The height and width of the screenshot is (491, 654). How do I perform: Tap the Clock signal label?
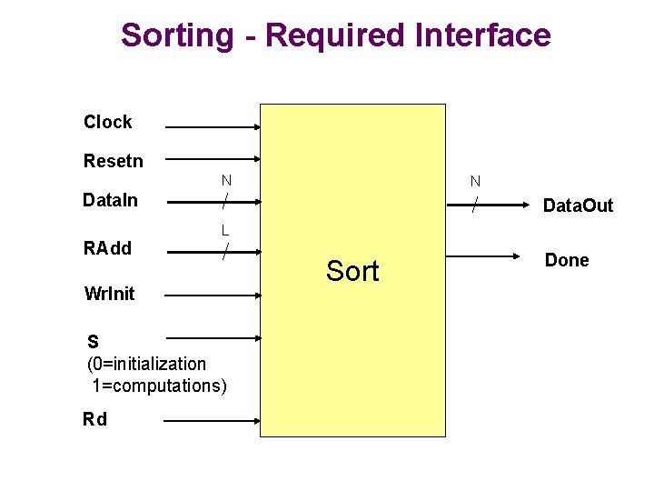pyautogui.click(x=107, y=122)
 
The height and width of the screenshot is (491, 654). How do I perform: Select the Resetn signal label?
pyautogui.click(x=113, y=161)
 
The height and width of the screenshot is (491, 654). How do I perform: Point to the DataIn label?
pyautogui.click(x=110, y=200)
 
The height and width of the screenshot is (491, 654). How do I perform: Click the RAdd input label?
pyautogui.click(x=107, y=248)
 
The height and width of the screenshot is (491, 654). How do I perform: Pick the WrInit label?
pyautogui.click(x=109, y=293)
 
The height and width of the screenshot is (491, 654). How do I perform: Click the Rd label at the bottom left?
pyautogui.click(x=94, y=419)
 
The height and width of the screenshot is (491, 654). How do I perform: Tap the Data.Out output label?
pyautogui.click(x=578, y=206)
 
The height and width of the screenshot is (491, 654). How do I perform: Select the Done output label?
pyautogui.click(x=567, y=260)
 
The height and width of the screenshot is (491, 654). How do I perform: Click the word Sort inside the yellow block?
pyautogui.click(x=352, y=270)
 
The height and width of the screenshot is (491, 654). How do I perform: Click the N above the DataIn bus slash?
pyautogui.click(x=226, y=180)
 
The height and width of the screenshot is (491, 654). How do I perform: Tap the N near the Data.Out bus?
pyautogui.click(x=475, y=182)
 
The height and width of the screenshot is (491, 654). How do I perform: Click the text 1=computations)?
pyautogui.click(x=159, y=386)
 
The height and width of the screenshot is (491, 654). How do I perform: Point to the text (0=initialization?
pyautogui.click(x=146, y=364)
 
